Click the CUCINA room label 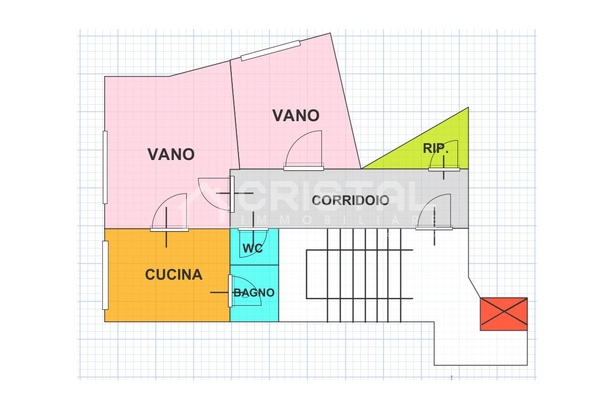click(173, 275)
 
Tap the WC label click(252, 248)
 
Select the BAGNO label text click(254, 292)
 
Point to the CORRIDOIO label click(350, 200)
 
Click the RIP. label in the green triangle click(435, 148)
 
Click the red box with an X click(503, 314)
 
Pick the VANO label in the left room click(171, 154)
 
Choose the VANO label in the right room click(296, 116)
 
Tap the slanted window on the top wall click(271, 51)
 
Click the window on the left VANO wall click(105, 167)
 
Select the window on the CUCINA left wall click(105, 275)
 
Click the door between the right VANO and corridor click(303, 151)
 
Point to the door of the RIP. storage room click(444, 156)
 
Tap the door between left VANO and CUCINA click(169, 212)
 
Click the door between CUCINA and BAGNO click(244, 291)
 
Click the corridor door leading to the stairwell click(434, 212)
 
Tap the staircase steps click(359, 275)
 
